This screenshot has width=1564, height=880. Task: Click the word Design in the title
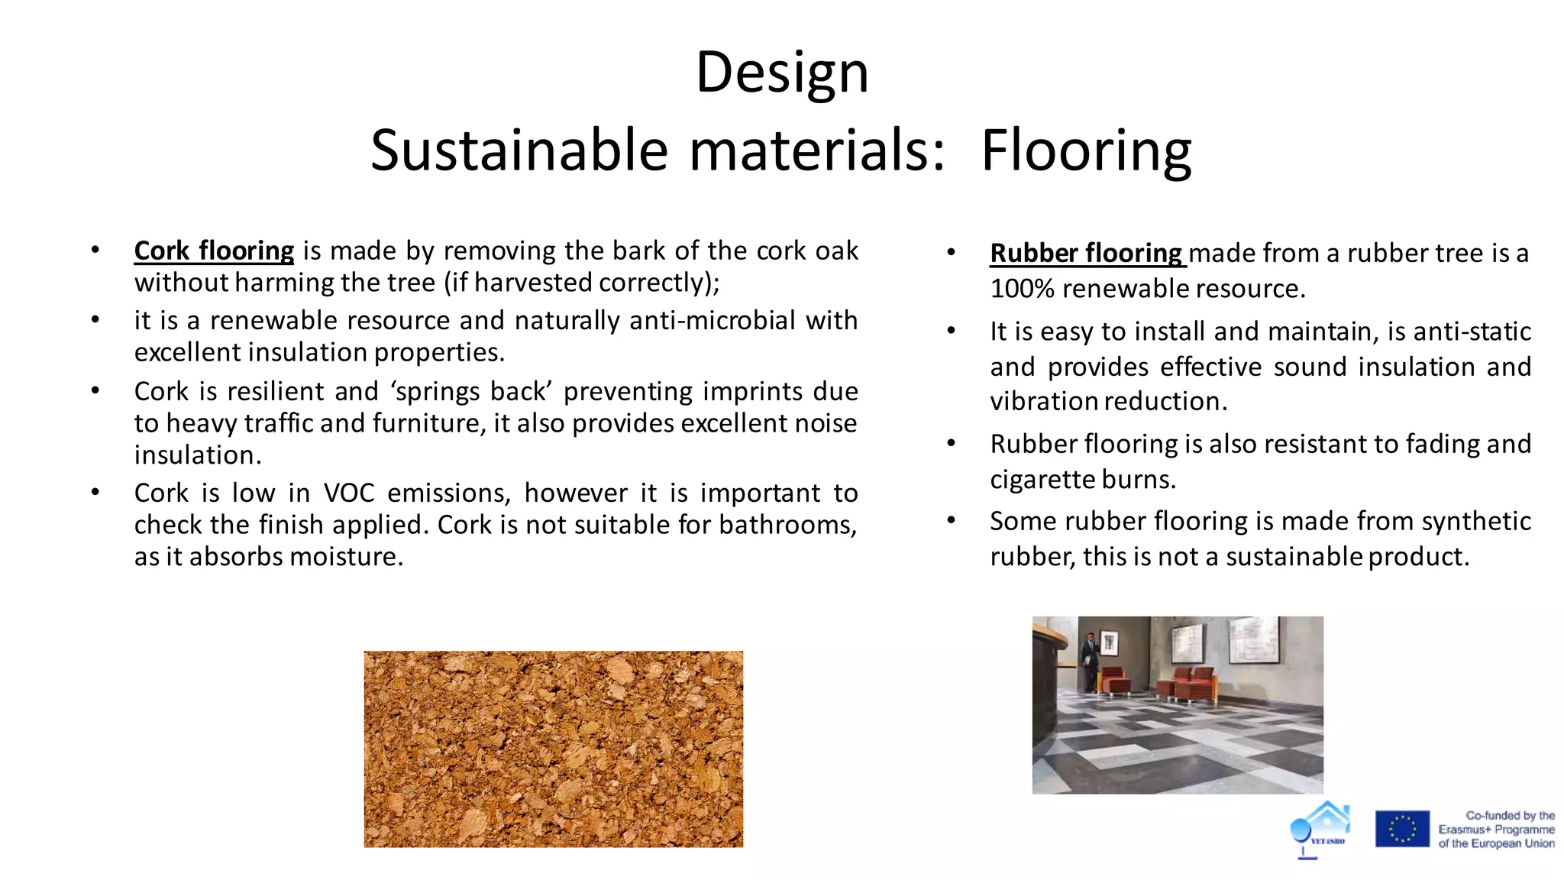click(x=782, y=73)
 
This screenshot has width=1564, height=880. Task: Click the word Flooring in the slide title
click(x=1085, y=150)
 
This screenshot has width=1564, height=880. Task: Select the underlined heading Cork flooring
click(x=214, y=251)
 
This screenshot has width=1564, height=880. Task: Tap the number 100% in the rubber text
click(x=1022, y=289)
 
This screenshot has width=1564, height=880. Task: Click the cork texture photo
click(x=553, y=749)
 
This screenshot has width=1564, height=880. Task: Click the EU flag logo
click(x=1402, y=829)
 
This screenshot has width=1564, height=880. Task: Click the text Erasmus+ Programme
click(x=1496, y=830)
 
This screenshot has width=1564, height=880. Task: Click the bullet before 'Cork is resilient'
click(x=95, y=391)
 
